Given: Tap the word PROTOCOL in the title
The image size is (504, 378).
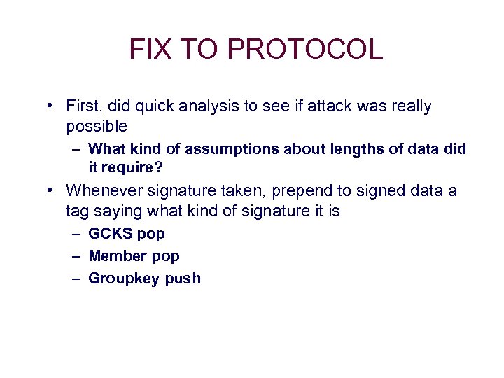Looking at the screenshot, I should (x=305, y=50).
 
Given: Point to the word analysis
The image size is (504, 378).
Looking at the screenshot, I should (x=206, y=106).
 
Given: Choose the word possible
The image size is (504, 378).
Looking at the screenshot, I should (x=97, y=126).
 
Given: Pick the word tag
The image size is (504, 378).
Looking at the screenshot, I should (x=77, y=211).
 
